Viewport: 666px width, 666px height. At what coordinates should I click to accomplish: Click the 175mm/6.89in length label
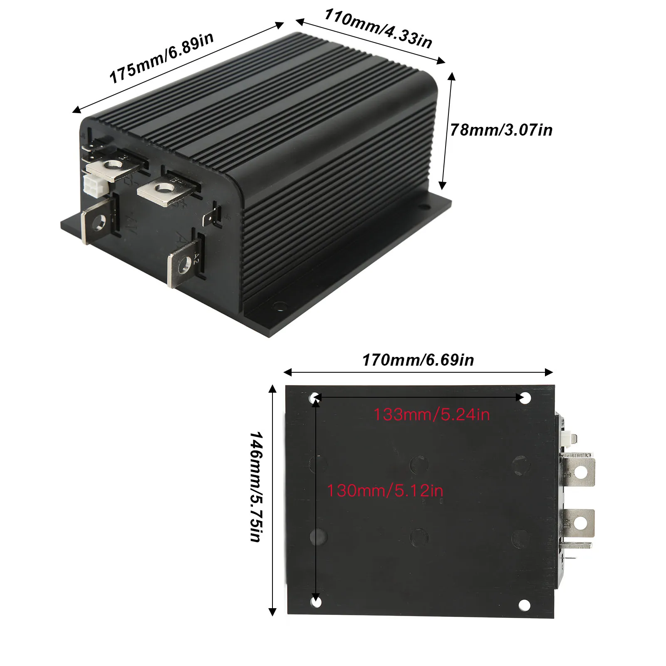point(161,58)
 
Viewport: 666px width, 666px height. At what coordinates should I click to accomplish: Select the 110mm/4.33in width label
point(378,28)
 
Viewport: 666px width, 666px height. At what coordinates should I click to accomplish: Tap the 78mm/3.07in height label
point(501,130)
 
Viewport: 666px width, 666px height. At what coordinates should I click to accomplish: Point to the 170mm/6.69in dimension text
point(418,360)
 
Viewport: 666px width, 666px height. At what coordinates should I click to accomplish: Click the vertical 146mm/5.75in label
point(256,486)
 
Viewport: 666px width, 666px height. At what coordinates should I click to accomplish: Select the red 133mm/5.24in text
point(431,415)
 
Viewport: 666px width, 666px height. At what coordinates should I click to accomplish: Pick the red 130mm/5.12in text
point(385,490)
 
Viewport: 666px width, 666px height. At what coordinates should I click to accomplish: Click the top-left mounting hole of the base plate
point(315,398)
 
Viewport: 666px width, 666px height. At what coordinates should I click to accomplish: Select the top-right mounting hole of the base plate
point(525,398)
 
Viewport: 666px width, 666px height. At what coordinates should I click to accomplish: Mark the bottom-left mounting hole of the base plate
point(316,602)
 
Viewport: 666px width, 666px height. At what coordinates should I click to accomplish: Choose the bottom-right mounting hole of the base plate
point(525,605)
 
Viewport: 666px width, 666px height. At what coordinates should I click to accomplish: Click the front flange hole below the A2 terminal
point(279,307)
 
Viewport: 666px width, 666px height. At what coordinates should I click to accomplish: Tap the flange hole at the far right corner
point(424,207)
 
